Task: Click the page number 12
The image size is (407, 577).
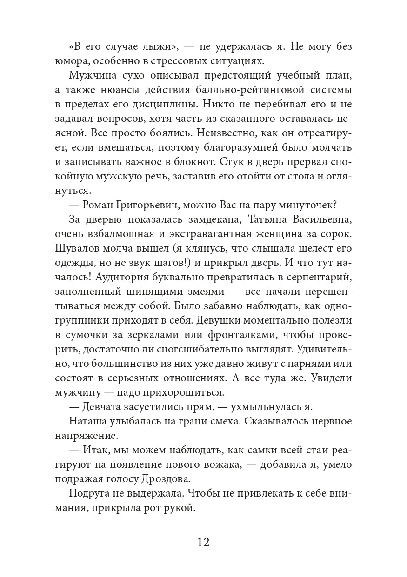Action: (x=203, y=543)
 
